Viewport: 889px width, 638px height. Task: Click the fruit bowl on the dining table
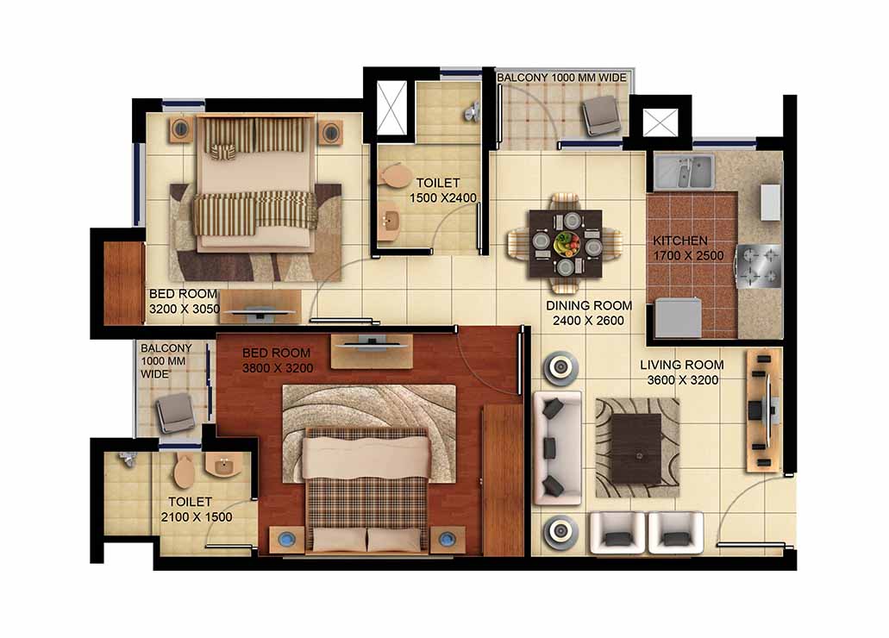[x=567, y=244]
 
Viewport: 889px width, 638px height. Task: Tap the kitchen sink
[x=684, y=172]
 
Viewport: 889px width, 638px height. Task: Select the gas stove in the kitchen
[x=758, y=266]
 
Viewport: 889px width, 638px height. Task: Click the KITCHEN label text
[x=679, y=241]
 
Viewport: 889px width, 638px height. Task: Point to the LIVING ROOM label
[x=681, y=365]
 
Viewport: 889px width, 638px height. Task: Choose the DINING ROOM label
[x=589, y=306]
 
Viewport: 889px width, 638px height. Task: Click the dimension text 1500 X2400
[x=443, y=198]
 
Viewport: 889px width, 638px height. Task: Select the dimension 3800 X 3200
[x=278, y=368]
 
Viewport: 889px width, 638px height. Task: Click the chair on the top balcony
[x=600, y=116]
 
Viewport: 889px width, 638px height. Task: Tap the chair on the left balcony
[x=176, y=413]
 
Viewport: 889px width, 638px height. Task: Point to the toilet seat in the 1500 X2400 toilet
[x=395, y=175]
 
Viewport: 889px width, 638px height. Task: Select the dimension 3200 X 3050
[x=185, y=309]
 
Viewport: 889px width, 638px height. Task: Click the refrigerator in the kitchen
[x=678, y=317]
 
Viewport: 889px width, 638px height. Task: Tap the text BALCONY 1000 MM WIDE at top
[x=562, y=77]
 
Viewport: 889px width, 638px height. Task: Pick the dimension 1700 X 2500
[x=688, y=256]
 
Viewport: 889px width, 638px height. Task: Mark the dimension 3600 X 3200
[x=683, y=380]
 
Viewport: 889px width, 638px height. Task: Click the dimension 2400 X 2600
[x=589, y=321]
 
